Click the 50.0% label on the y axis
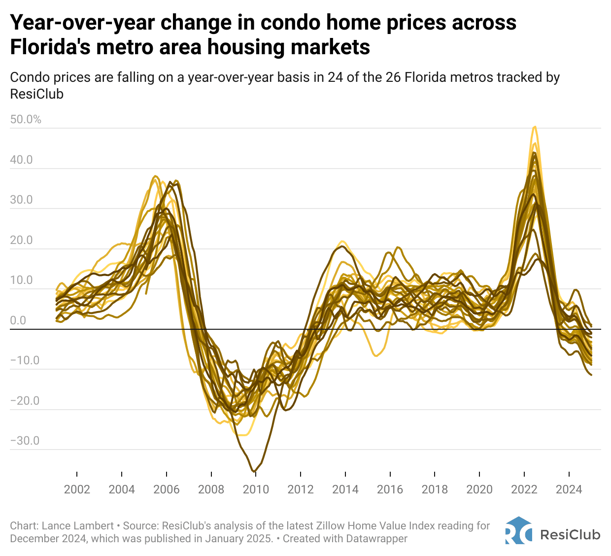click(x=26, y=119)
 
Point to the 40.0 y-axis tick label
click(x=22, y=160)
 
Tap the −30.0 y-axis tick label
click(x=25, y=440)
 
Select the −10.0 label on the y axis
click(x=25, y=360)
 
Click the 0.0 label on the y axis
click(x=18, y=320)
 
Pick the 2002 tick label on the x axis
click(x=77, y=489)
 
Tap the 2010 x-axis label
click(x=256, y=489)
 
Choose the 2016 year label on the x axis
click(x=390, y=489)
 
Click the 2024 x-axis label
click(x=569, y=489)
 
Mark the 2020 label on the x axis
click(x=479, y=489)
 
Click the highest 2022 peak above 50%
click(x=535, y=127)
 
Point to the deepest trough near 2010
click(x=254, y=471)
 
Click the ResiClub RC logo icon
click(x=518, y=531)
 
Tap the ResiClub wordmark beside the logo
click(x=570, y=534)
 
